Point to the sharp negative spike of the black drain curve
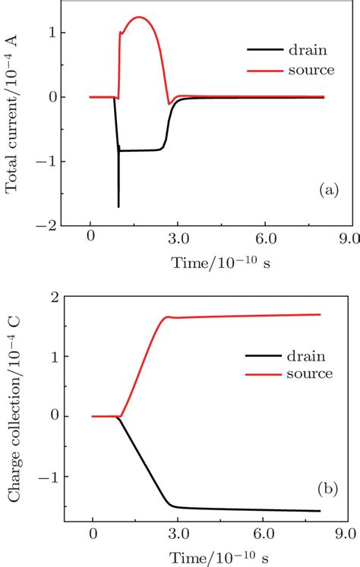click(118, 205)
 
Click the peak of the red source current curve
click(138, 17)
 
